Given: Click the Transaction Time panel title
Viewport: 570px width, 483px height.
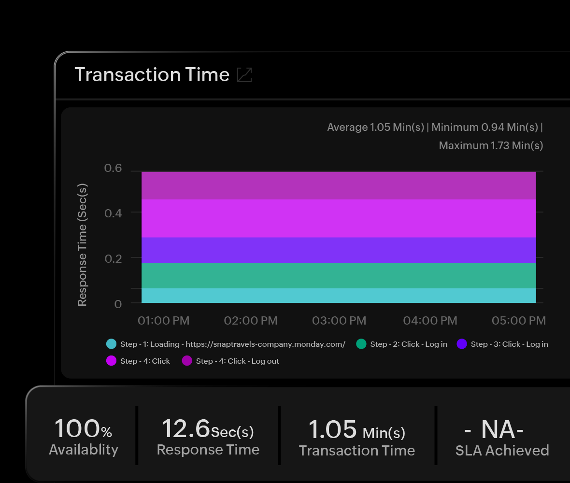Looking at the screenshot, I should (152, 75).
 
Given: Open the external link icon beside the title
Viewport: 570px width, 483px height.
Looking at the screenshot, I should (244, 75).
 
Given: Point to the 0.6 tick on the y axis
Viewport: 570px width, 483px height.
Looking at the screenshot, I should (113, 169).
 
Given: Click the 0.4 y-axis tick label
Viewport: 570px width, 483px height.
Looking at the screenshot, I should (113, 213).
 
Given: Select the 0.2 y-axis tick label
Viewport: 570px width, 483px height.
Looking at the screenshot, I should (113, 258).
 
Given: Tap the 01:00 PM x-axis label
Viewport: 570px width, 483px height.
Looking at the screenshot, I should (163, 321).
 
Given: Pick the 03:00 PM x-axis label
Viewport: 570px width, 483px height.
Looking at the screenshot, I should (339, 321).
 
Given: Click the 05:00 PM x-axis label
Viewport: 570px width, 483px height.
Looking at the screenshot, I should (519, 321).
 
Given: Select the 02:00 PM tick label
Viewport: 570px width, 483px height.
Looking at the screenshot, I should (251, 321).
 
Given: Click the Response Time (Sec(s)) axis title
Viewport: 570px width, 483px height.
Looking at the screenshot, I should (82, 244).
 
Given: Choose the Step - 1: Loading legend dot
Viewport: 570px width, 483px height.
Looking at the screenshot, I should (112, 344).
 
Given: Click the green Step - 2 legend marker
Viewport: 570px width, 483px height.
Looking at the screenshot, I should (361, 344).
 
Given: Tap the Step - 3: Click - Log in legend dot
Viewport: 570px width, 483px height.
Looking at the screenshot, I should (462, 344).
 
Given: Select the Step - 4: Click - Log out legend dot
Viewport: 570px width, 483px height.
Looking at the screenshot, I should (187, 361).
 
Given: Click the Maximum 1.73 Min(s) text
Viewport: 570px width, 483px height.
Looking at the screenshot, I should (491, 145).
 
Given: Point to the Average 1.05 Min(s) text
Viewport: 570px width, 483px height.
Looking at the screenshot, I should (376, 128).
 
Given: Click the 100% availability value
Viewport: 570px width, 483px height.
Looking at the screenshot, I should (83, 429).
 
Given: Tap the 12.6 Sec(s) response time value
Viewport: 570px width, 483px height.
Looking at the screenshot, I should (208, 429).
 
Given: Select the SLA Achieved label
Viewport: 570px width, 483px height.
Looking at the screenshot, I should (502, 451).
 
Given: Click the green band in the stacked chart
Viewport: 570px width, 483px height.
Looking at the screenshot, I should (338, 275).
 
